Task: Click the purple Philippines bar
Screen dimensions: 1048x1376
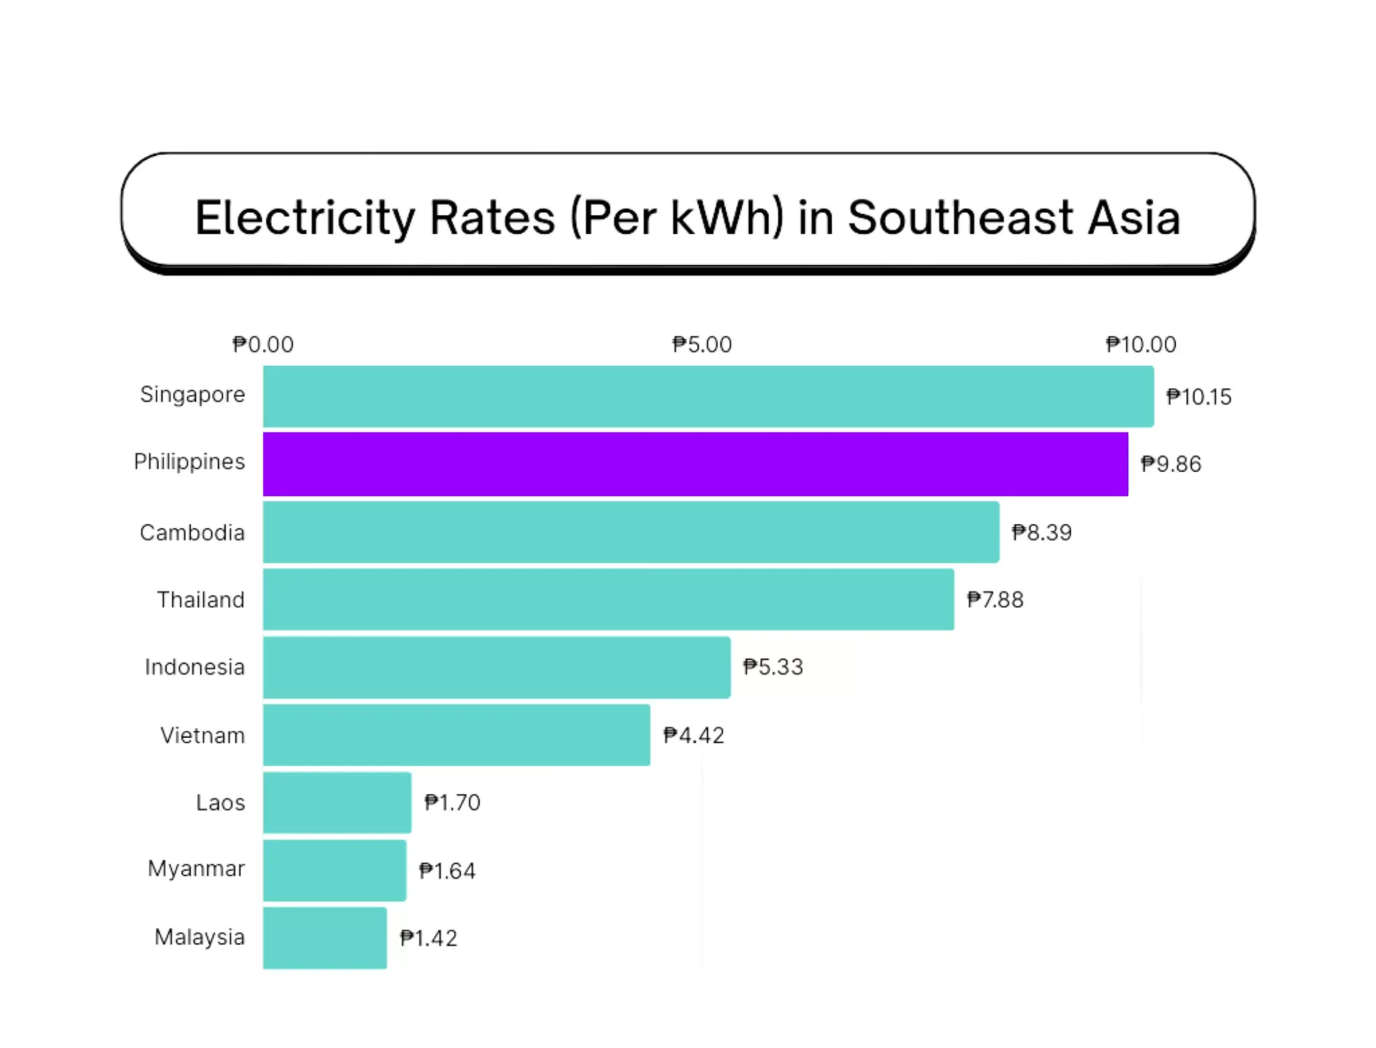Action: click(x=695, y=464)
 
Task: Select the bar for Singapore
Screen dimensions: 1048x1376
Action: click(x=708, y=396)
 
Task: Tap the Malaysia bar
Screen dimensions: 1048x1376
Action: click(x=325, y=938)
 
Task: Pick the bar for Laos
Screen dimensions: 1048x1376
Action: click(x=337, y=802)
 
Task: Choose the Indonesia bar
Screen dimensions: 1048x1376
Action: click(x=497, y=667)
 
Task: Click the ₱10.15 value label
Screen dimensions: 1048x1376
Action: click(x=1199, y=397)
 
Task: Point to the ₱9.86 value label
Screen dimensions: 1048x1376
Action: click(x=1170, y=464)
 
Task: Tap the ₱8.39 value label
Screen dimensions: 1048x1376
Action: click(x=1041, y=533)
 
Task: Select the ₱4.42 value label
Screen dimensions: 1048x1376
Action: click(x=693, y=736)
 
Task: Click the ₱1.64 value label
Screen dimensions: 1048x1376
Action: click(x=447, y=871)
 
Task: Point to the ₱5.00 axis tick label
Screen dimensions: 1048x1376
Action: click(x=702, y=345)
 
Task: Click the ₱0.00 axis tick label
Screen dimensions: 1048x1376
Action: click(x=263, y=345)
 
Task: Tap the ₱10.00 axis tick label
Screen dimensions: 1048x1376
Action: click(x=1141, y=345)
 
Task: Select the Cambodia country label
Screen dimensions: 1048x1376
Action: click(x=192, y=533)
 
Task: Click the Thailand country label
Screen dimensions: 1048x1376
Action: click(x=200, y=600)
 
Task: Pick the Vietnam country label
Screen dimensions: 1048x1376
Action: click(x=202, y=736)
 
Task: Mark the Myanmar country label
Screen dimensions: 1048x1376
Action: click(x=196, y=869)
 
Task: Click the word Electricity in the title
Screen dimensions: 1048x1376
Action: click(x=305, y=218)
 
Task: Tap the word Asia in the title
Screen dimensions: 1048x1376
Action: click(x=1134, y=218)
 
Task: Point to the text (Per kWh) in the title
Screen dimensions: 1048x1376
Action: click(x=677, y=218)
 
